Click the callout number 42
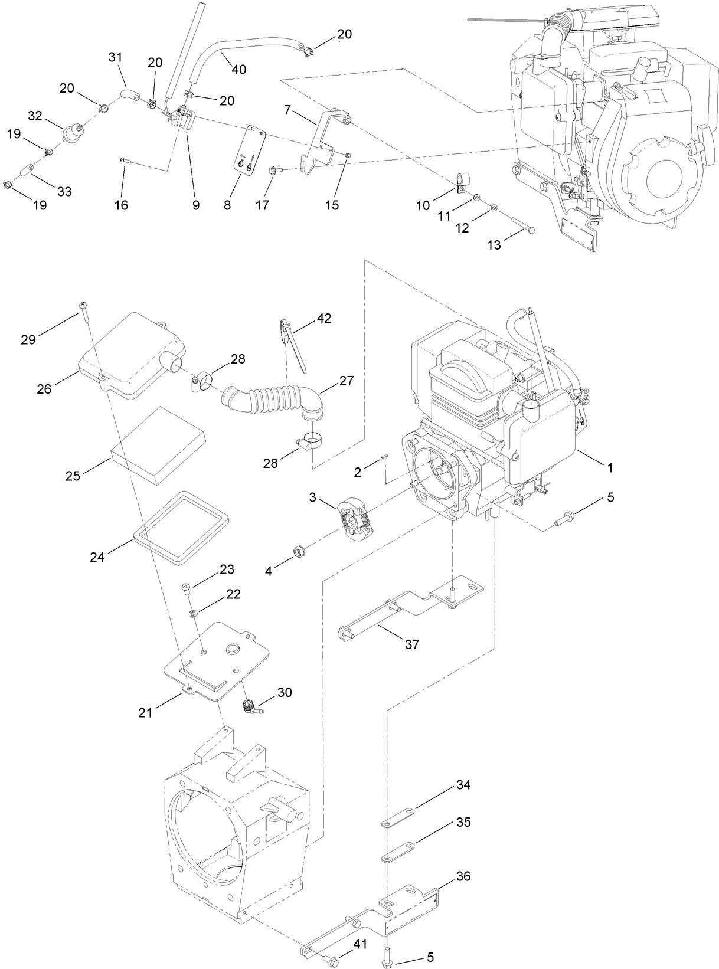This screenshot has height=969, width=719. click(323, 318)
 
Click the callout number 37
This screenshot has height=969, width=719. click(411, 644)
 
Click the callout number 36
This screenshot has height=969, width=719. click(463, 876)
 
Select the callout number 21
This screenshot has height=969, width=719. click(145, 712)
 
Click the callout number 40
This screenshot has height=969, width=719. click(238, 69)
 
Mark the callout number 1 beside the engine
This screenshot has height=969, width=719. click(610, 467)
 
